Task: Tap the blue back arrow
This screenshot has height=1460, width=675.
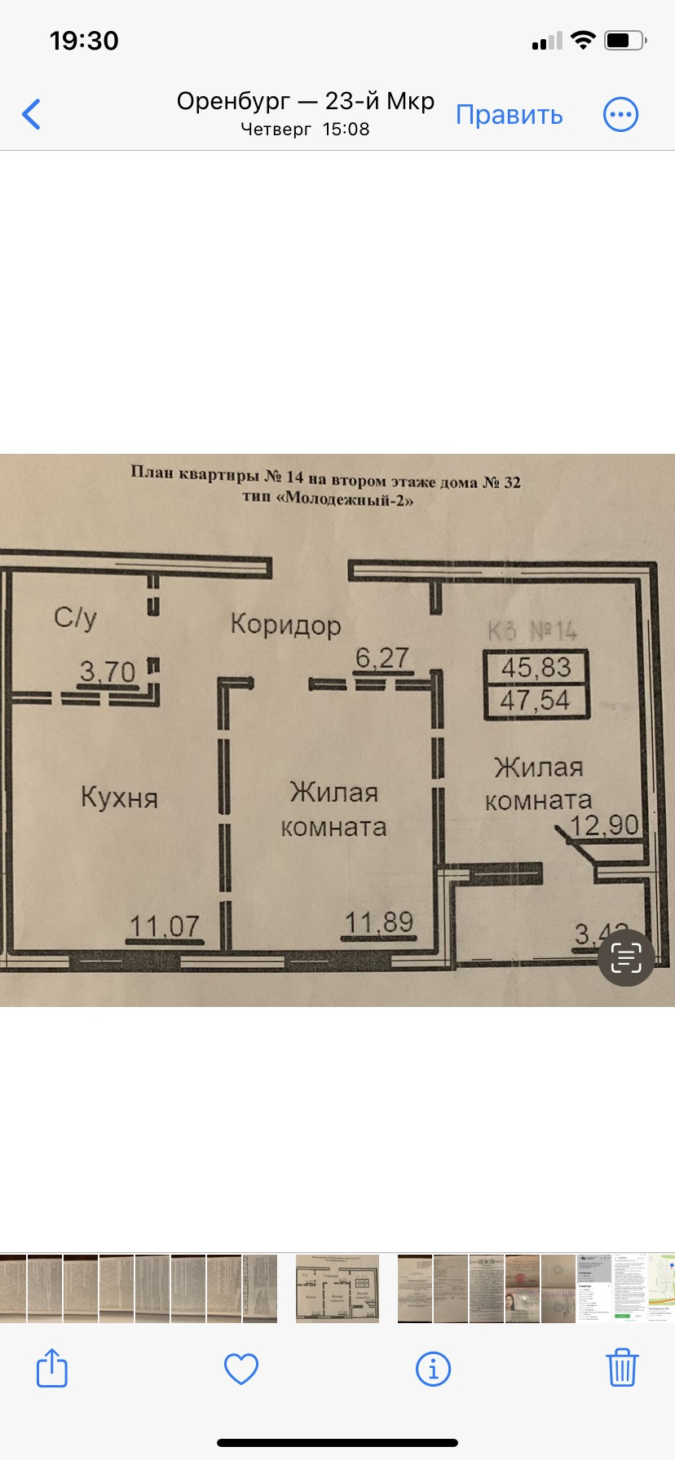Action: point(32,114)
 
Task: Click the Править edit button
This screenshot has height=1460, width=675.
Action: point(509,115)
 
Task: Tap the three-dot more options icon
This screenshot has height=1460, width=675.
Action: point(620,115)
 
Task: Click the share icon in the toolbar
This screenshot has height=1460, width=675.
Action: point(52,1368)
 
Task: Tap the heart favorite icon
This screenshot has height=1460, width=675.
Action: point(241,1369)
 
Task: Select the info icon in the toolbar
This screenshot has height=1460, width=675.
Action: point(433,1369)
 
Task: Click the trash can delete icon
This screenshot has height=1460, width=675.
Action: point(621,1368)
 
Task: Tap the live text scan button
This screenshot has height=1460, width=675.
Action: point(626,957)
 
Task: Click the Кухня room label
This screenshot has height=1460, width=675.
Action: point(119,797)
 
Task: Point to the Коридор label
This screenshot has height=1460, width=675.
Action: point(285,625)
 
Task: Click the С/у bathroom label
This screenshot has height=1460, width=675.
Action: point(75,618)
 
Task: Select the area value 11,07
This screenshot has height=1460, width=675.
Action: point(165,926)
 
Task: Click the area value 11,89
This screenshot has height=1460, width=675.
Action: point(379,922)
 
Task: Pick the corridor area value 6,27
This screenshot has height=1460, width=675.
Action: point(382,657)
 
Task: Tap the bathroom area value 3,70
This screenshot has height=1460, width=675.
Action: point(107,672)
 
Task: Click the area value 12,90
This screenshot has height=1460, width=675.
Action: point(604,825)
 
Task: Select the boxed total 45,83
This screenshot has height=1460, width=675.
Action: point(536,668)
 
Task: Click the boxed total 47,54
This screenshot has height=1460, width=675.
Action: point(536,700)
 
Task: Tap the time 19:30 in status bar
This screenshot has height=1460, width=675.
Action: point(84,41)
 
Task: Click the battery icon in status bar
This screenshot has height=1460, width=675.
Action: point(624,41)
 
